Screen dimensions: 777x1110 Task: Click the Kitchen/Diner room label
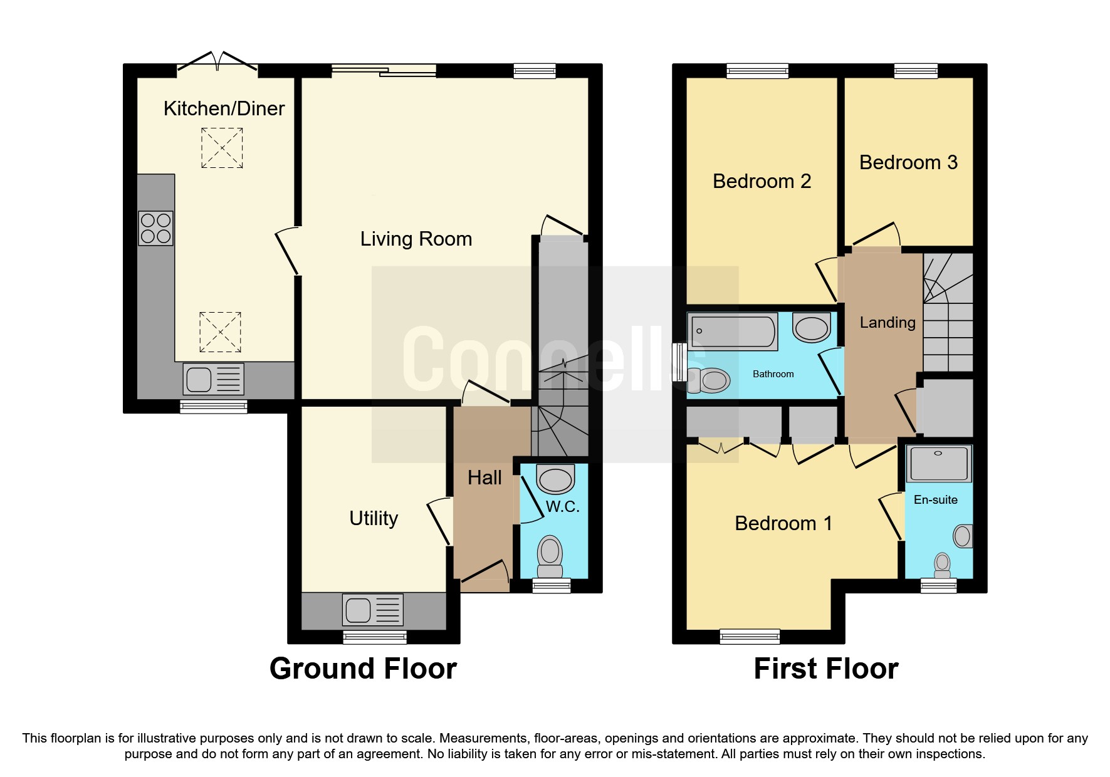point(224,108)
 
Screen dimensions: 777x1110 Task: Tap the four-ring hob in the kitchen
point(155,228)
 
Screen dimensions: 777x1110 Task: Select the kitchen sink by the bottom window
point(213,379)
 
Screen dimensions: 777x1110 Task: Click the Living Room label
point(416,239)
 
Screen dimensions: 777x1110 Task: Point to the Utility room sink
point(372,610)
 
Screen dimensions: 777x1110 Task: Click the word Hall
point(484,477)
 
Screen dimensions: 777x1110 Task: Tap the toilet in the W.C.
point(550,556)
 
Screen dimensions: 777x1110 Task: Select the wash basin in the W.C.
point(555,480)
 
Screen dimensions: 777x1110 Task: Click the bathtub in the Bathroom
point(732,331)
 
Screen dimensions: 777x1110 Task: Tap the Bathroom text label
point(773,374)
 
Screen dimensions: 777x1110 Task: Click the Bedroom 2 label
point(762,181)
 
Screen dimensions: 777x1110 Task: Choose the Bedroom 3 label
point(908,162)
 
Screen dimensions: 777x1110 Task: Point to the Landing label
point(887,323)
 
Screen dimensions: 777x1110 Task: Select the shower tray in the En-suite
point(938,464)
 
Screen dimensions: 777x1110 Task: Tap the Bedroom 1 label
point(783,523)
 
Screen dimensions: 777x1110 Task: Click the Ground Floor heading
point(363,669)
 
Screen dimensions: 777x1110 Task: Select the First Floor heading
point(825,669)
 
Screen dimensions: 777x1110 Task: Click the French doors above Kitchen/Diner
point(217,62)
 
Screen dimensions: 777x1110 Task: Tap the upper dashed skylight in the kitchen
point(222,148)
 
